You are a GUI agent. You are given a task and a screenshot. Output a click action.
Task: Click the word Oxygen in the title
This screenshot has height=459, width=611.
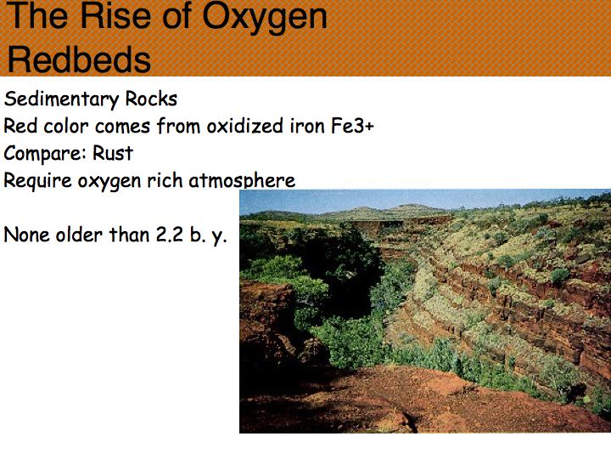[265, 18]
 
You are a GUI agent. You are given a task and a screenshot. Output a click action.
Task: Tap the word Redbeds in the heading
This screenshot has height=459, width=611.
[79, 59]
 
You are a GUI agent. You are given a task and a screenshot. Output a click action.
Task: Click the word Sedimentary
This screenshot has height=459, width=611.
[61, 99]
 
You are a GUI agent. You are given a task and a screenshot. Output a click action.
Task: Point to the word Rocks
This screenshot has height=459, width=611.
[151, 99]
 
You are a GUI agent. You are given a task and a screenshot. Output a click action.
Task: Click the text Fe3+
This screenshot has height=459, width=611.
[353, 126]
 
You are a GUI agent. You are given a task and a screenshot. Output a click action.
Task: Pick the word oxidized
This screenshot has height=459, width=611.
[245, 126]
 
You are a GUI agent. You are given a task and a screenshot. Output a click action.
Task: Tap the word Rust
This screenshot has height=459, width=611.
[113, 153]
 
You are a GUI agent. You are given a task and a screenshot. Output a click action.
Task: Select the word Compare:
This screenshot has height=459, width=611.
[45, 154]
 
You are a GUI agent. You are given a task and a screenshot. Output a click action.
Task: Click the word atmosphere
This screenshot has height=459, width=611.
[242, 180]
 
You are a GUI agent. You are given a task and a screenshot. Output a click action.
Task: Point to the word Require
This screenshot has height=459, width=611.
[38, 181]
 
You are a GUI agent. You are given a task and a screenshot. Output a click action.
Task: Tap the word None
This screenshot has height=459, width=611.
[27, 235]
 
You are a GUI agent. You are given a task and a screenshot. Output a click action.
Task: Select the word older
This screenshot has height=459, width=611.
[80, 235]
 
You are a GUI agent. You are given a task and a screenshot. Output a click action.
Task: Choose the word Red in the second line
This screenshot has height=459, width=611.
[20, 126]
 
